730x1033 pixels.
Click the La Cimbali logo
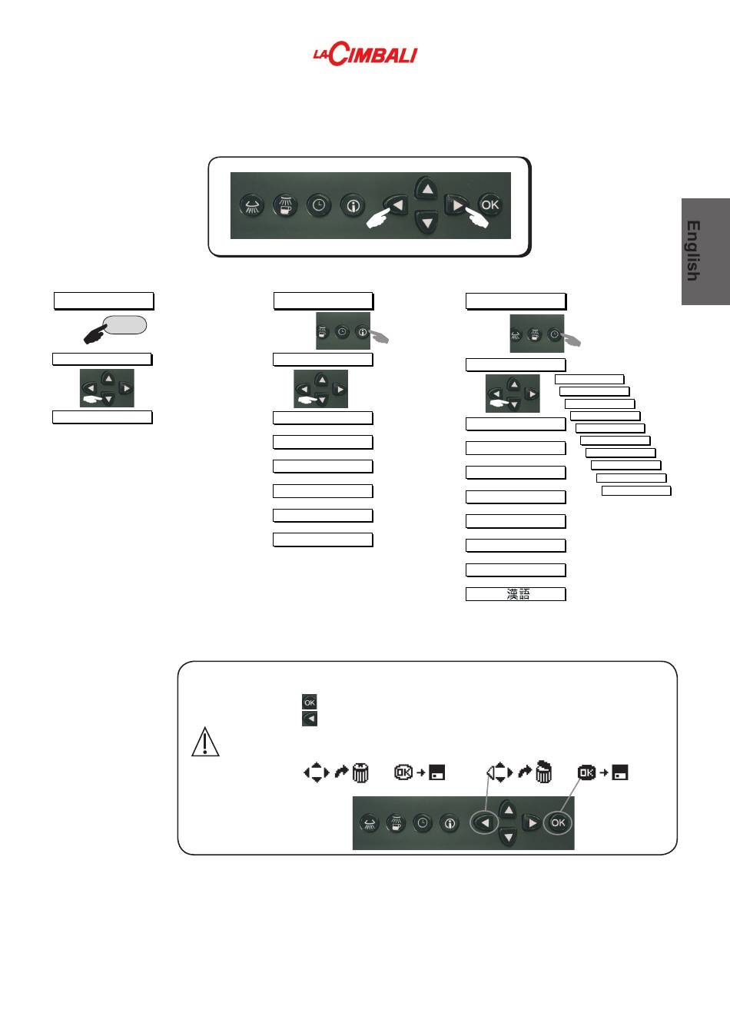(x=365, y=54)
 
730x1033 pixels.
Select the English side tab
(x=705, y=251)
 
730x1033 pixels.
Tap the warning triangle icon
(x=205, y=742)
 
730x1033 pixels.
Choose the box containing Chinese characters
(x=516, y=594)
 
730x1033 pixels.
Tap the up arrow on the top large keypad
(x=426, y=188)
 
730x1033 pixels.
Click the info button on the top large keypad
(x=353, y=206)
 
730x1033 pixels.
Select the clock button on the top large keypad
(x=319, y=205)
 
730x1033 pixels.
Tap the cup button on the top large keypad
(x=285, y=205)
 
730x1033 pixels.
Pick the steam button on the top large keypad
(x=252, y=206)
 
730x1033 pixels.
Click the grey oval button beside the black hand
(x=124, y=324)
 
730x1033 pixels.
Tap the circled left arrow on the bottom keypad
(x=484, y=822)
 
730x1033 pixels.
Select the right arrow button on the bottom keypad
(x=532, y=822)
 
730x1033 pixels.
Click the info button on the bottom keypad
(x=450, y=823)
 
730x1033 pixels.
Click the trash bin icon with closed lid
(x=360, y=772)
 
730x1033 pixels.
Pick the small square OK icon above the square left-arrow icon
(x=310, y=702)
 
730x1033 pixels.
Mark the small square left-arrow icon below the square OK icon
(x=310, y=719)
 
